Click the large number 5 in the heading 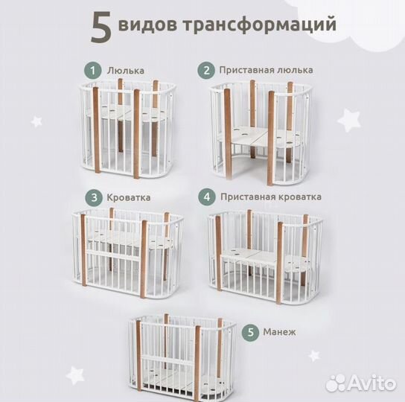pos(101,26)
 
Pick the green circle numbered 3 pos(93,197)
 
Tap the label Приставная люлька pos(266,70)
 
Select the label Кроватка pos(129,198)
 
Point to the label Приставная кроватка pos(271,197)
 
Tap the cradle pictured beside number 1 pos(128,130)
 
